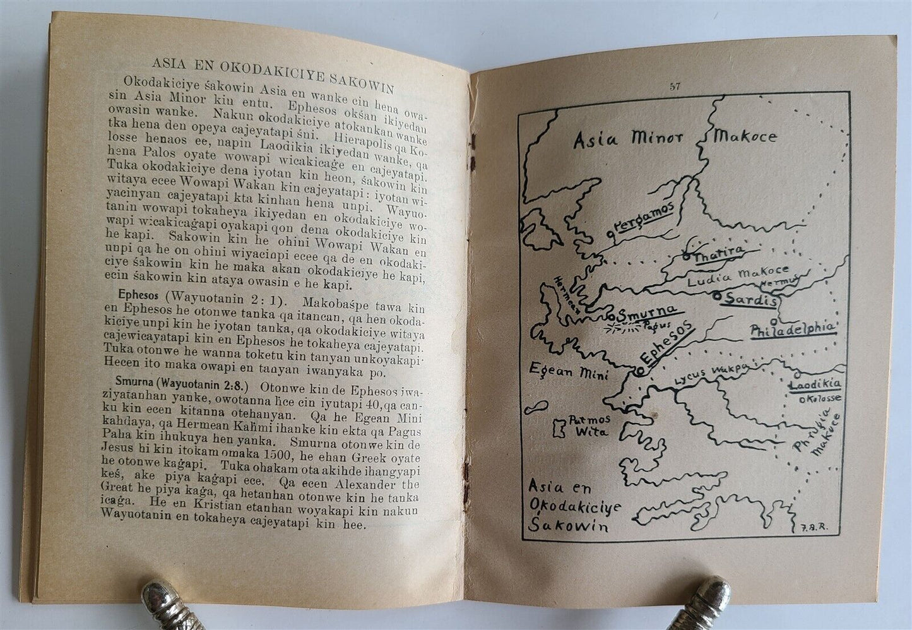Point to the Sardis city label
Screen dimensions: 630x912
[x=752, y=299]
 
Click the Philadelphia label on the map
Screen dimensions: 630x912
[x=793, y=329]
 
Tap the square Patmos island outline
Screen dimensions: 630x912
[x=559, y=428]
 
